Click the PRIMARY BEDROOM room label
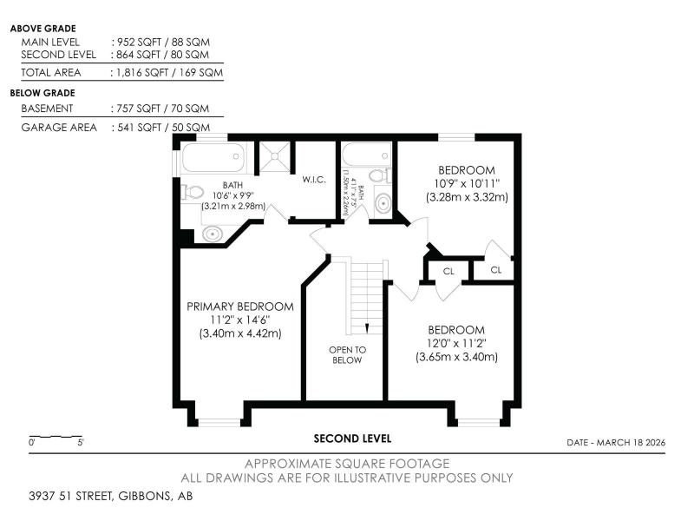coord(240,307)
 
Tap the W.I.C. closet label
coord(314,180)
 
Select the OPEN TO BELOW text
coord(348,355)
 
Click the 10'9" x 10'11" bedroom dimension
coord(467,183)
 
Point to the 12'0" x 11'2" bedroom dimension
coord(456,343)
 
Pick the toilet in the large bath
coord(192,192)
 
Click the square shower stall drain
coord(275,156)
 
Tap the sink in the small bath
coord(383,203)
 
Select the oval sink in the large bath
coord(213,234)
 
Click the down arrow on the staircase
coord(367,328)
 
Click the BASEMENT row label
coord(47,109)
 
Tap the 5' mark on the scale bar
coord(81,442)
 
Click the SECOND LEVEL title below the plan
coord(352,439)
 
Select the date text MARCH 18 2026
coord(631,443)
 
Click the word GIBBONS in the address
coord(144,496)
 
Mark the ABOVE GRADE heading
coord(43,29)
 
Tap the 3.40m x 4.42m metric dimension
coord(240,333)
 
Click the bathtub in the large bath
coord(213,157)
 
